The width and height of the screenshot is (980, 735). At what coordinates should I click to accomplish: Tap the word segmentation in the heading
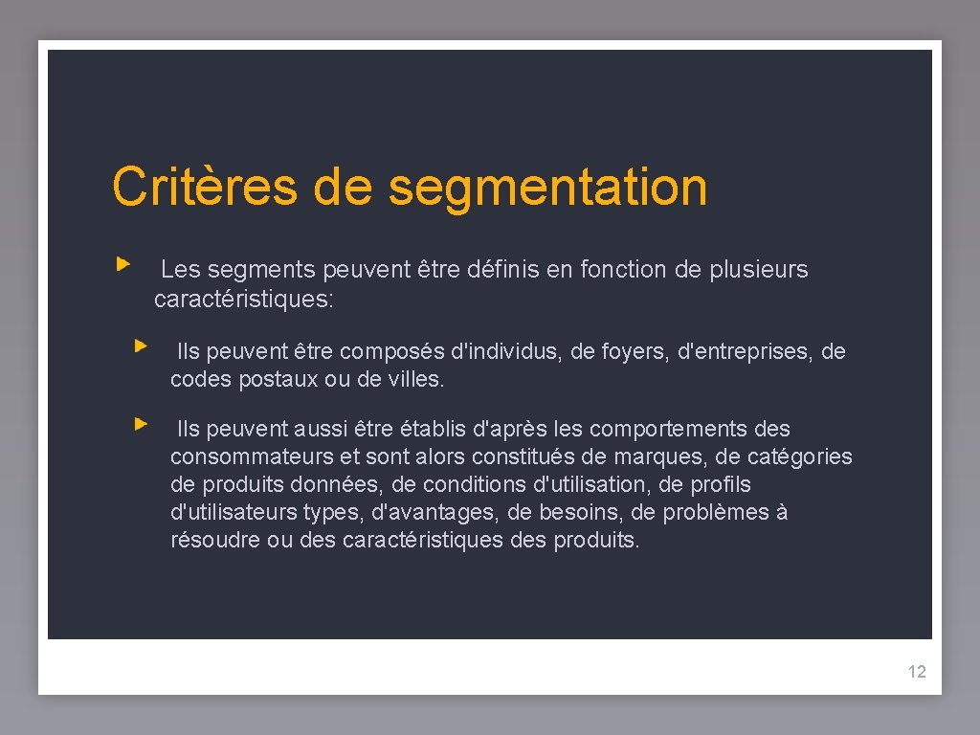pyautogui.click(x=548, y=189)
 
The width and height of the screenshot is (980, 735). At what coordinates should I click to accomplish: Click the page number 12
pyautogui.click(x=917, y=672)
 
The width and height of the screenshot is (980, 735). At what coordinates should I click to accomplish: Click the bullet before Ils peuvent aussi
pyautogui.click(x=141, y=422)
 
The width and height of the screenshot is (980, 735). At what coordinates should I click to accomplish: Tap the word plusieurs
pyautogui.click(x=759, y=270)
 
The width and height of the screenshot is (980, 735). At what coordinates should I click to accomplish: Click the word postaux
pyautogui.click(x=274, y=380)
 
